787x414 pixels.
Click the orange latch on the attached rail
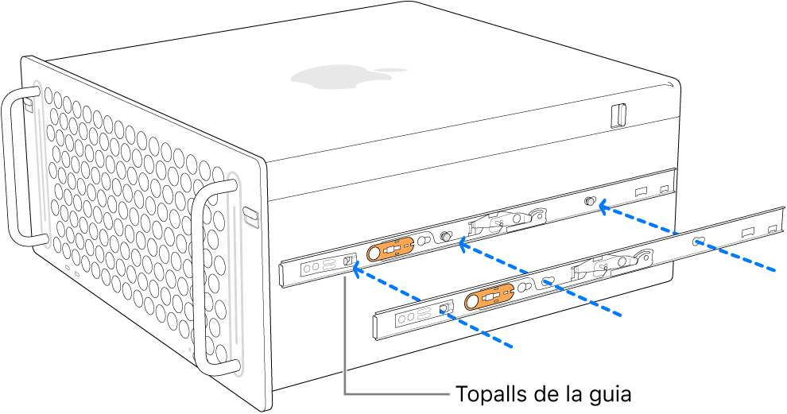tap(390, 250)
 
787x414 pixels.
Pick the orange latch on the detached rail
tap(488, 298)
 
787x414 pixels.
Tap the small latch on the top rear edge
tap(618, 115)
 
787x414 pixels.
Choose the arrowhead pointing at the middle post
tap(462, 246)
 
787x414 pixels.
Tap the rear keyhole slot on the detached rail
tap(697, 241)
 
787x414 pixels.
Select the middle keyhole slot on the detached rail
tap(547, 281)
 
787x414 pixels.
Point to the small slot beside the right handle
tap(250, 215)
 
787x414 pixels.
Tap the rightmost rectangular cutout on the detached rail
tap(770, 230)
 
